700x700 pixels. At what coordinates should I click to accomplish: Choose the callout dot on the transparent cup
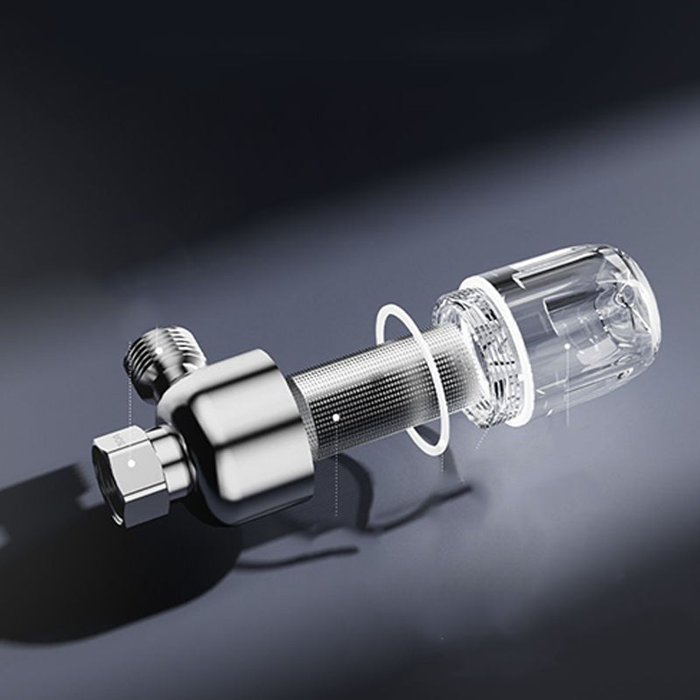[566, 346]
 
